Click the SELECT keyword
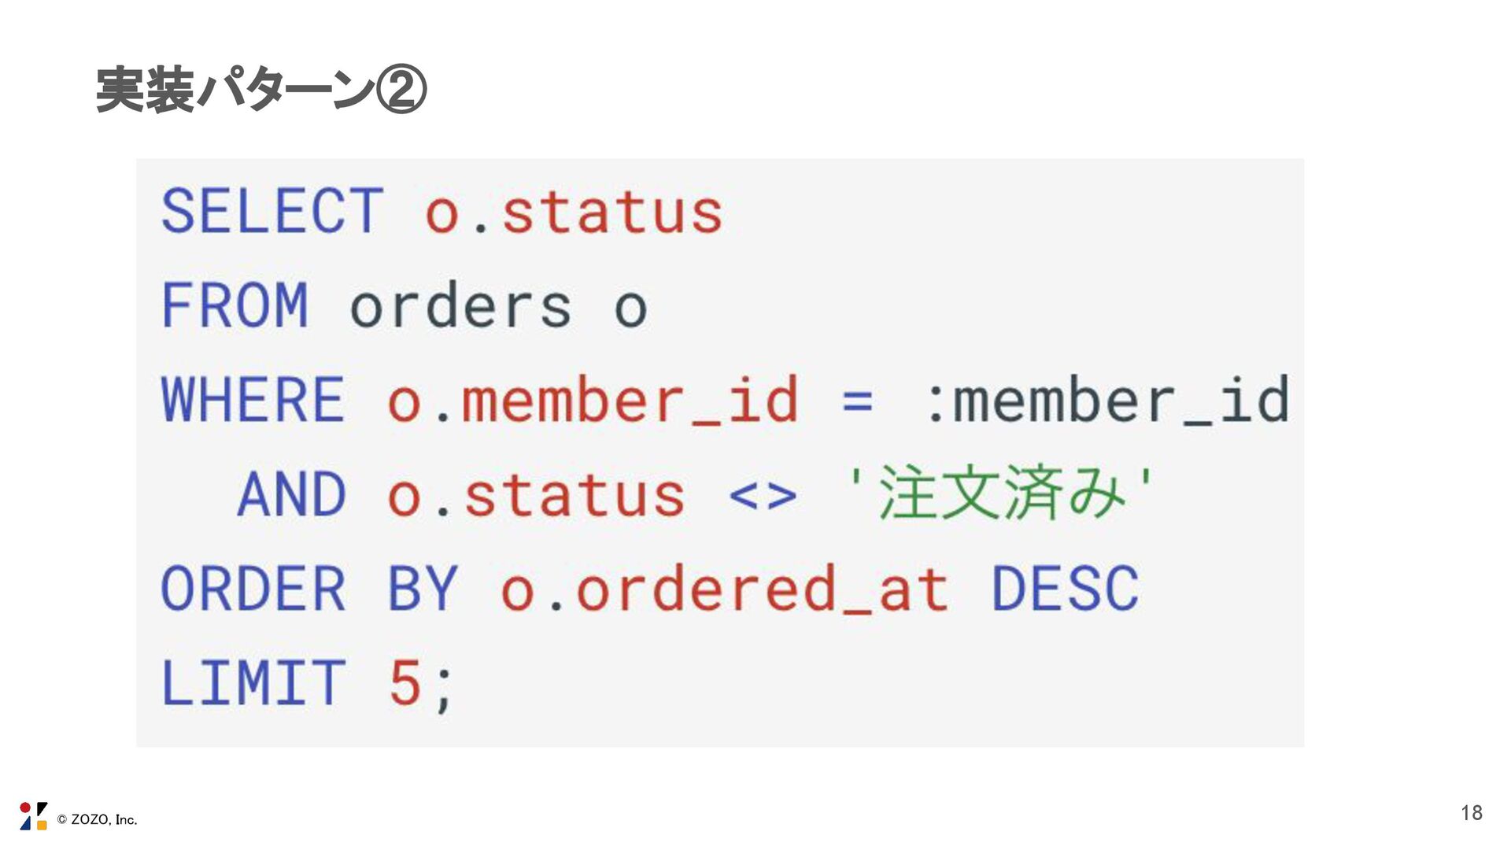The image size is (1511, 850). coord(272,211)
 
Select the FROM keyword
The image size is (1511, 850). coord(235,305)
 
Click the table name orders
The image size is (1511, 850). coord(460,306)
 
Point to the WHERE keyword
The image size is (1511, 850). coord(253,400)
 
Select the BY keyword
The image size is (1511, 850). coord(423,589)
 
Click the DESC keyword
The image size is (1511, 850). coord(1065,589)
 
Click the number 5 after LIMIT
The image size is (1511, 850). coord(405,682)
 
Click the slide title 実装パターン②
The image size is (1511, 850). coord(260,90)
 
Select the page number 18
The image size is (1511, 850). coord(1471,813)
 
